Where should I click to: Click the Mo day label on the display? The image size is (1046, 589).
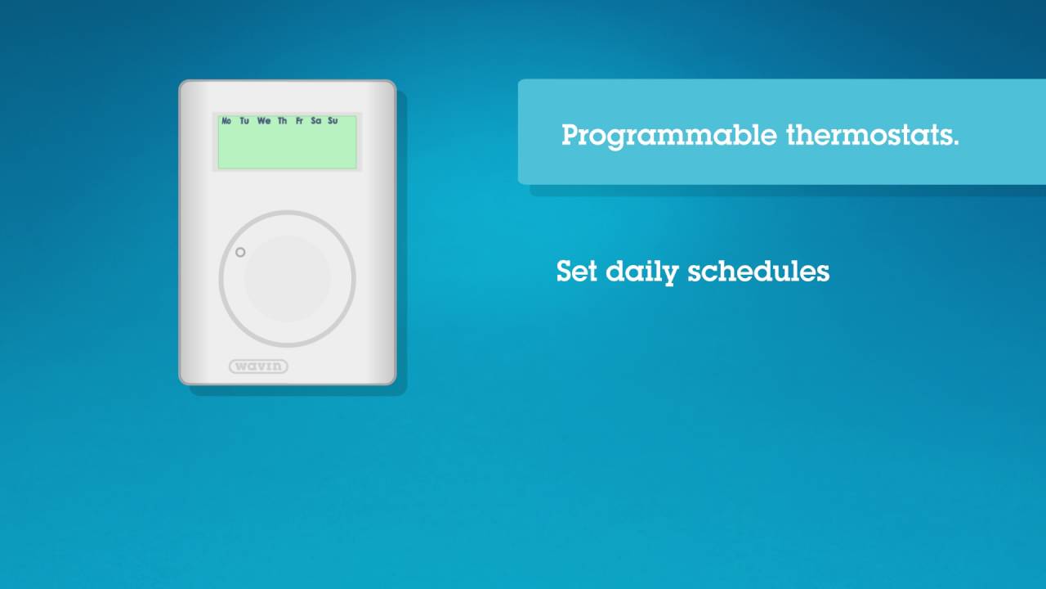click(x=226, y=121)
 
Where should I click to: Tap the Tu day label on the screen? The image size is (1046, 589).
click(x=244, y=121)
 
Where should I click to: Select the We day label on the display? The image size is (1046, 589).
click(x=264, y=121)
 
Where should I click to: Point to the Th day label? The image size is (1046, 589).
click(x=282, y=121)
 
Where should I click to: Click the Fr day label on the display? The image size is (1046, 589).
click(x=299, y=121)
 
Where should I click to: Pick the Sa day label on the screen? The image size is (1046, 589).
click(x=316, y=121)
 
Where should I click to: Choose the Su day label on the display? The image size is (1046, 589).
click(x=333, y=121)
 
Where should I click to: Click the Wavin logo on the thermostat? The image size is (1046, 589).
click(x=258, y=366)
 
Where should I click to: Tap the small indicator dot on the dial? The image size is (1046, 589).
click(x=240, y=253)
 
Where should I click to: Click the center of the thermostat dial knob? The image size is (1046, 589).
click(x=287, y=279)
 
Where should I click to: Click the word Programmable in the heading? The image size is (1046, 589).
click(x=669, y=136)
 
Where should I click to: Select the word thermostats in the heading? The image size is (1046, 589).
click(x=869, y=135)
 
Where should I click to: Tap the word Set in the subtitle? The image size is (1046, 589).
click(x=577, y=271)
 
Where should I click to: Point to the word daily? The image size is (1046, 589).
click(x=641, y=272)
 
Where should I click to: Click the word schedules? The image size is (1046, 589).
click(x=758, y=271)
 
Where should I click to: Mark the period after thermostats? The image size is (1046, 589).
click(x=955, y=143)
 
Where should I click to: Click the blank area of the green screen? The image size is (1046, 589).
click(x=287, y=148)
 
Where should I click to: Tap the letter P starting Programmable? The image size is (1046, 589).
click(x=571, y=135)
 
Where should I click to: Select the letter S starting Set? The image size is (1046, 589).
click(x=565, y=271)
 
